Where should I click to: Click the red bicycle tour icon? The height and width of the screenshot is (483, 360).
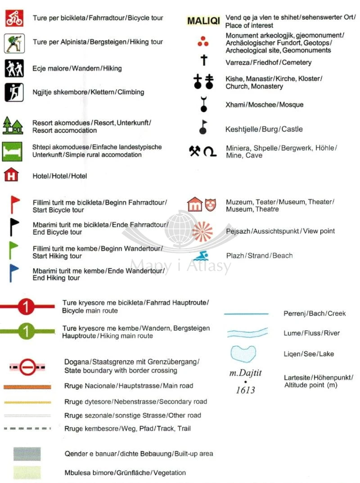14,18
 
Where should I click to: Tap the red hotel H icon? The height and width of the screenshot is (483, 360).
11,174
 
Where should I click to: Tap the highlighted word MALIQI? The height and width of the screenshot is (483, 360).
203,21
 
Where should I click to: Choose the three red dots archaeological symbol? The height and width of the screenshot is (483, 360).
203,42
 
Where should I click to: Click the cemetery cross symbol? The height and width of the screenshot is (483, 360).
203,61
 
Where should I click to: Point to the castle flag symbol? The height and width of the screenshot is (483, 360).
203,127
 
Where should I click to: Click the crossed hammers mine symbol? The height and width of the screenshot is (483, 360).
194,152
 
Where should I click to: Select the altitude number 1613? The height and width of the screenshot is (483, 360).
245,390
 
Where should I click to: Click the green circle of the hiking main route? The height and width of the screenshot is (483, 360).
27,332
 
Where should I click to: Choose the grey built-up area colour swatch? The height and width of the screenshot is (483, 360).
27,454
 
